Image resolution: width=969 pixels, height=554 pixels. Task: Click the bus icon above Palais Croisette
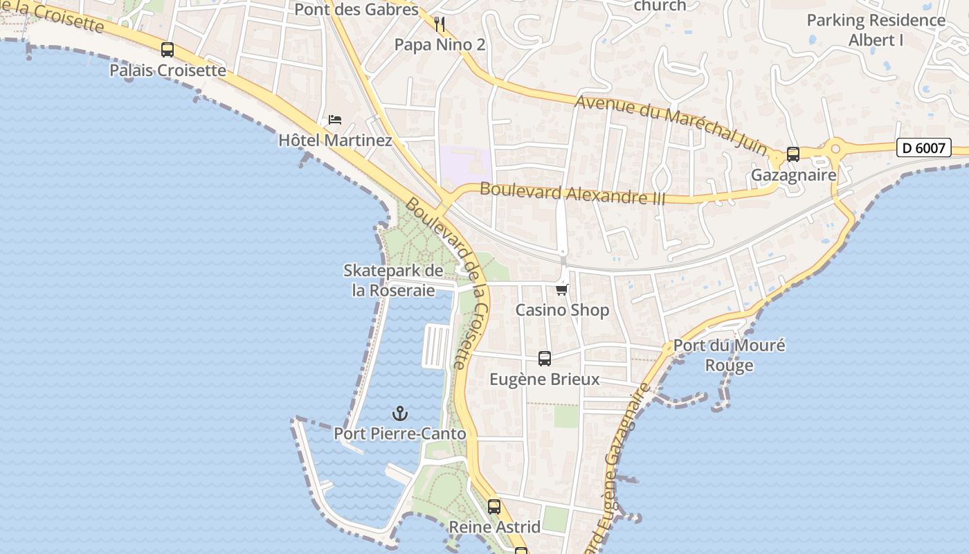[167, 50]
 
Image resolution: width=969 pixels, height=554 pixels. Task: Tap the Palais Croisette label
[167, 70]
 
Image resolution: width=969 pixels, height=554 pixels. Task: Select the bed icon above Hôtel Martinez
[335, 120]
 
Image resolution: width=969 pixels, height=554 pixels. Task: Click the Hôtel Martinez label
[335, 141]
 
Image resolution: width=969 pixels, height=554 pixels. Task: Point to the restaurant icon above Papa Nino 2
[440, 24]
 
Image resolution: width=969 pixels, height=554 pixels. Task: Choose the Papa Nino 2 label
[440, 45]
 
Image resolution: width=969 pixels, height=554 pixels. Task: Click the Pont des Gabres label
[356, 9]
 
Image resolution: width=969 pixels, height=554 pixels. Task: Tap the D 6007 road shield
[923, 148]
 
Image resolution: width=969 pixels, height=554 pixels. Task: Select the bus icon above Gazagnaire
[793, 154]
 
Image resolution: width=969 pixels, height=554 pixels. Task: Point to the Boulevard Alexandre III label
[572, 193]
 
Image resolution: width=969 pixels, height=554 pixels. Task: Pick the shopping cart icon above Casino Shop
[562, 289]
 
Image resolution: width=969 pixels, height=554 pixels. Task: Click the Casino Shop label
[562, 310]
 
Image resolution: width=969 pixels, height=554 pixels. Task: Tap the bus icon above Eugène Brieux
[545, 359]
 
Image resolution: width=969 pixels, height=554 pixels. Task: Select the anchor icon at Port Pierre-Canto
[399, 413]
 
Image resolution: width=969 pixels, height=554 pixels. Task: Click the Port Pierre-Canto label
[399, 434]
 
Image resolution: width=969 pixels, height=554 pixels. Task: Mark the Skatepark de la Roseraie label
[393, 280]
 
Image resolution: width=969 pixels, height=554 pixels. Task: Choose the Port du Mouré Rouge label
[729, 355]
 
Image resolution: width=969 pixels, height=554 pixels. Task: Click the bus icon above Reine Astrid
[494, 506]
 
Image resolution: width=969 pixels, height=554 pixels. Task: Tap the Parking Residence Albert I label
[876, 30]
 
